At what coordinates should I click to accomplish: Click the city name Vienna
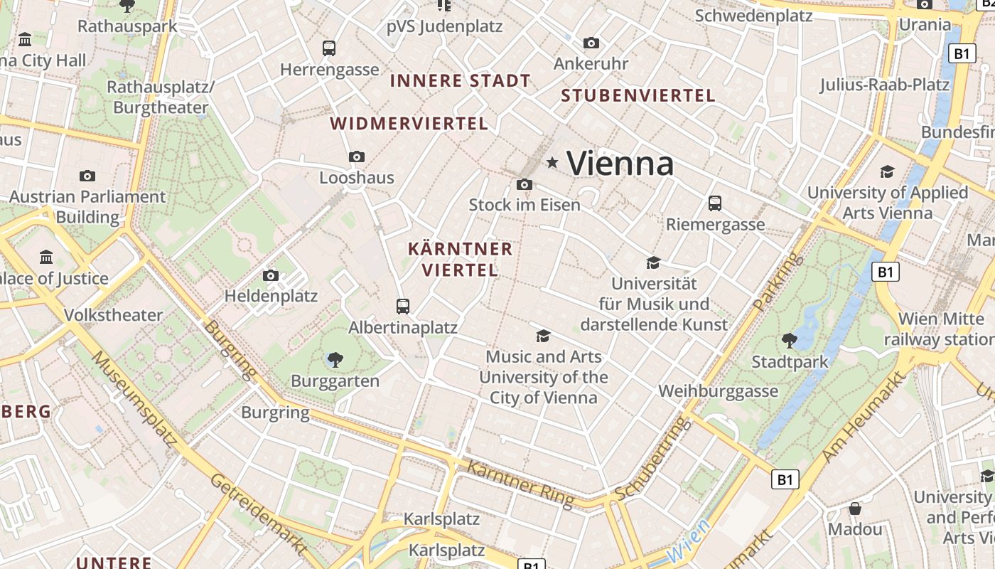click(x=620, y=164)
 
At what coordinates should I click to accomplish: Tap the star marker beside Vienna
click(x=552, y=163)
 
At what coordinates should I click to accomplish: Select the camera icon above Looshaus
click(x=357, y=156)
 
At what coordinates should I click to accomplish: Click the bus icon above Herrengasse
click(x=328, y=48)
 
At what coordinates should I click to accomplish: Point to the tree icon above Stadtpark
click(x=789, y=340)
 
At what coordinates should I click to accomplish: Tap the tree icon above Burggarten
click(x=335, y=359)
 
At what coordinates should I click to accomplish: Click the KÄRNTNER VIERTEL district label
click(x=460, y=259)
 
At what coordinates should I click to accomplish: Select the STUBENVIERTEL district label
click(x=638, y=95)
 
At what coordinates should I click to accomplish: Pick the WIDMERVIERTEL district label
click(x=409, y=124)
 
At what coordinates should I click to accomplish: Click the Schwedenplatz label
click(x=753, y=16)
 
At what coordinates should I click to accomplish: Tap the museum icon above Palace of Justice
click(x=47, y=256)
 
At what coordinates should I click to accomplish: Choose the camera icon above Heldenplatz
click(x=270, y=275)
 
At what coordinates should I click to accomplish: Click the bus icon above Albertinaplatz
click(x=403, y=307)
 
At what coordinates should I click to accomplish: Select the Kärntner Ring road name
click(x=520, y=484)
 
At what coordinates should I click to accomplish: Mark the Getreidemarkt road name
click(x=259, y=514)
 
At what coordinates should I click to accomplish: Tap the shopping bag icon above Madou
click(x=855, y=509)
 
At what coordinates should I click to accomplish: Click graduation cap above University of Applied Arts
click(x=887, y=171)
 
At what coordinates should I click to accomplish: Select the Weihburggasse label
click(x=718, y=391)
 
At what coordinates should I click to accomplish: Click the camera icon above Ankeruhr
click(x=591, y=43)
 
